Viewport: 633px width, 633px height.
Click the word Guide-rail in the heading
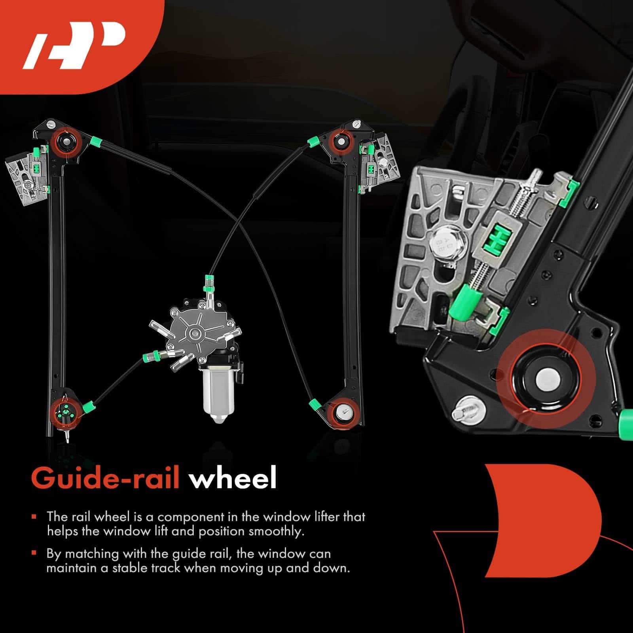point(105,478)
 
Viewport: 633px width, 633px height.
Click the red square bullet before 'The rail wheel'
point(34,517)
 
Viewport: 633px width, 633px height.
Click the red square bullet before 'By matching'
point(34,553)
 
